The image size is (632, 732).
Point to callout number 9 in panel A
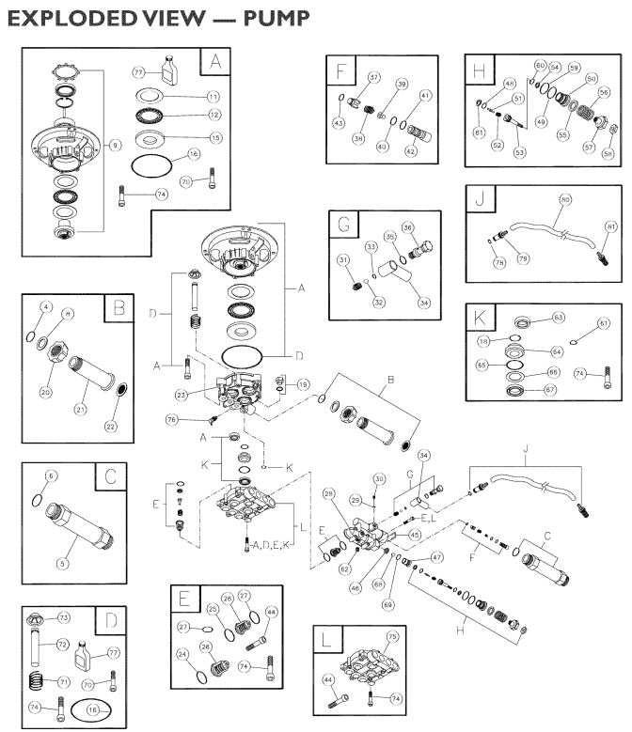click(x=115, y=144)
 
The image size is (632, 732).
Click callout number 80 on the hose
click(x=566, y=199)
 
